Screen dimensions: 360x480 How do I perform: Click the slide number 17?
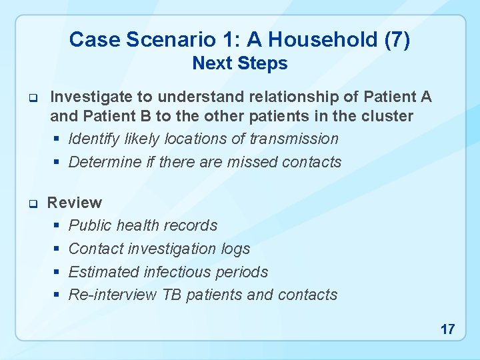447,329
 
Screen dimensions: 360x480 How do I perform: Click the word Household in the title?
310,40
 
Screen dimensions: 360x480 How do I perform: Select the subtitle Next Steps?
240,64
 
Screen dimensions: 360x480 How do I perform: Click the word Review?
75,203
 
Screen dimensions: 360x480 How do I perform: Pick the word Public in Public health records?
90,225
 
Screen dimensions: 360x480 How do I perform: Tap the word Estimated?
103,272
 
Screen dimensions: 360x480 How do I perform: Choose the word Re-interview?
113,295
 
